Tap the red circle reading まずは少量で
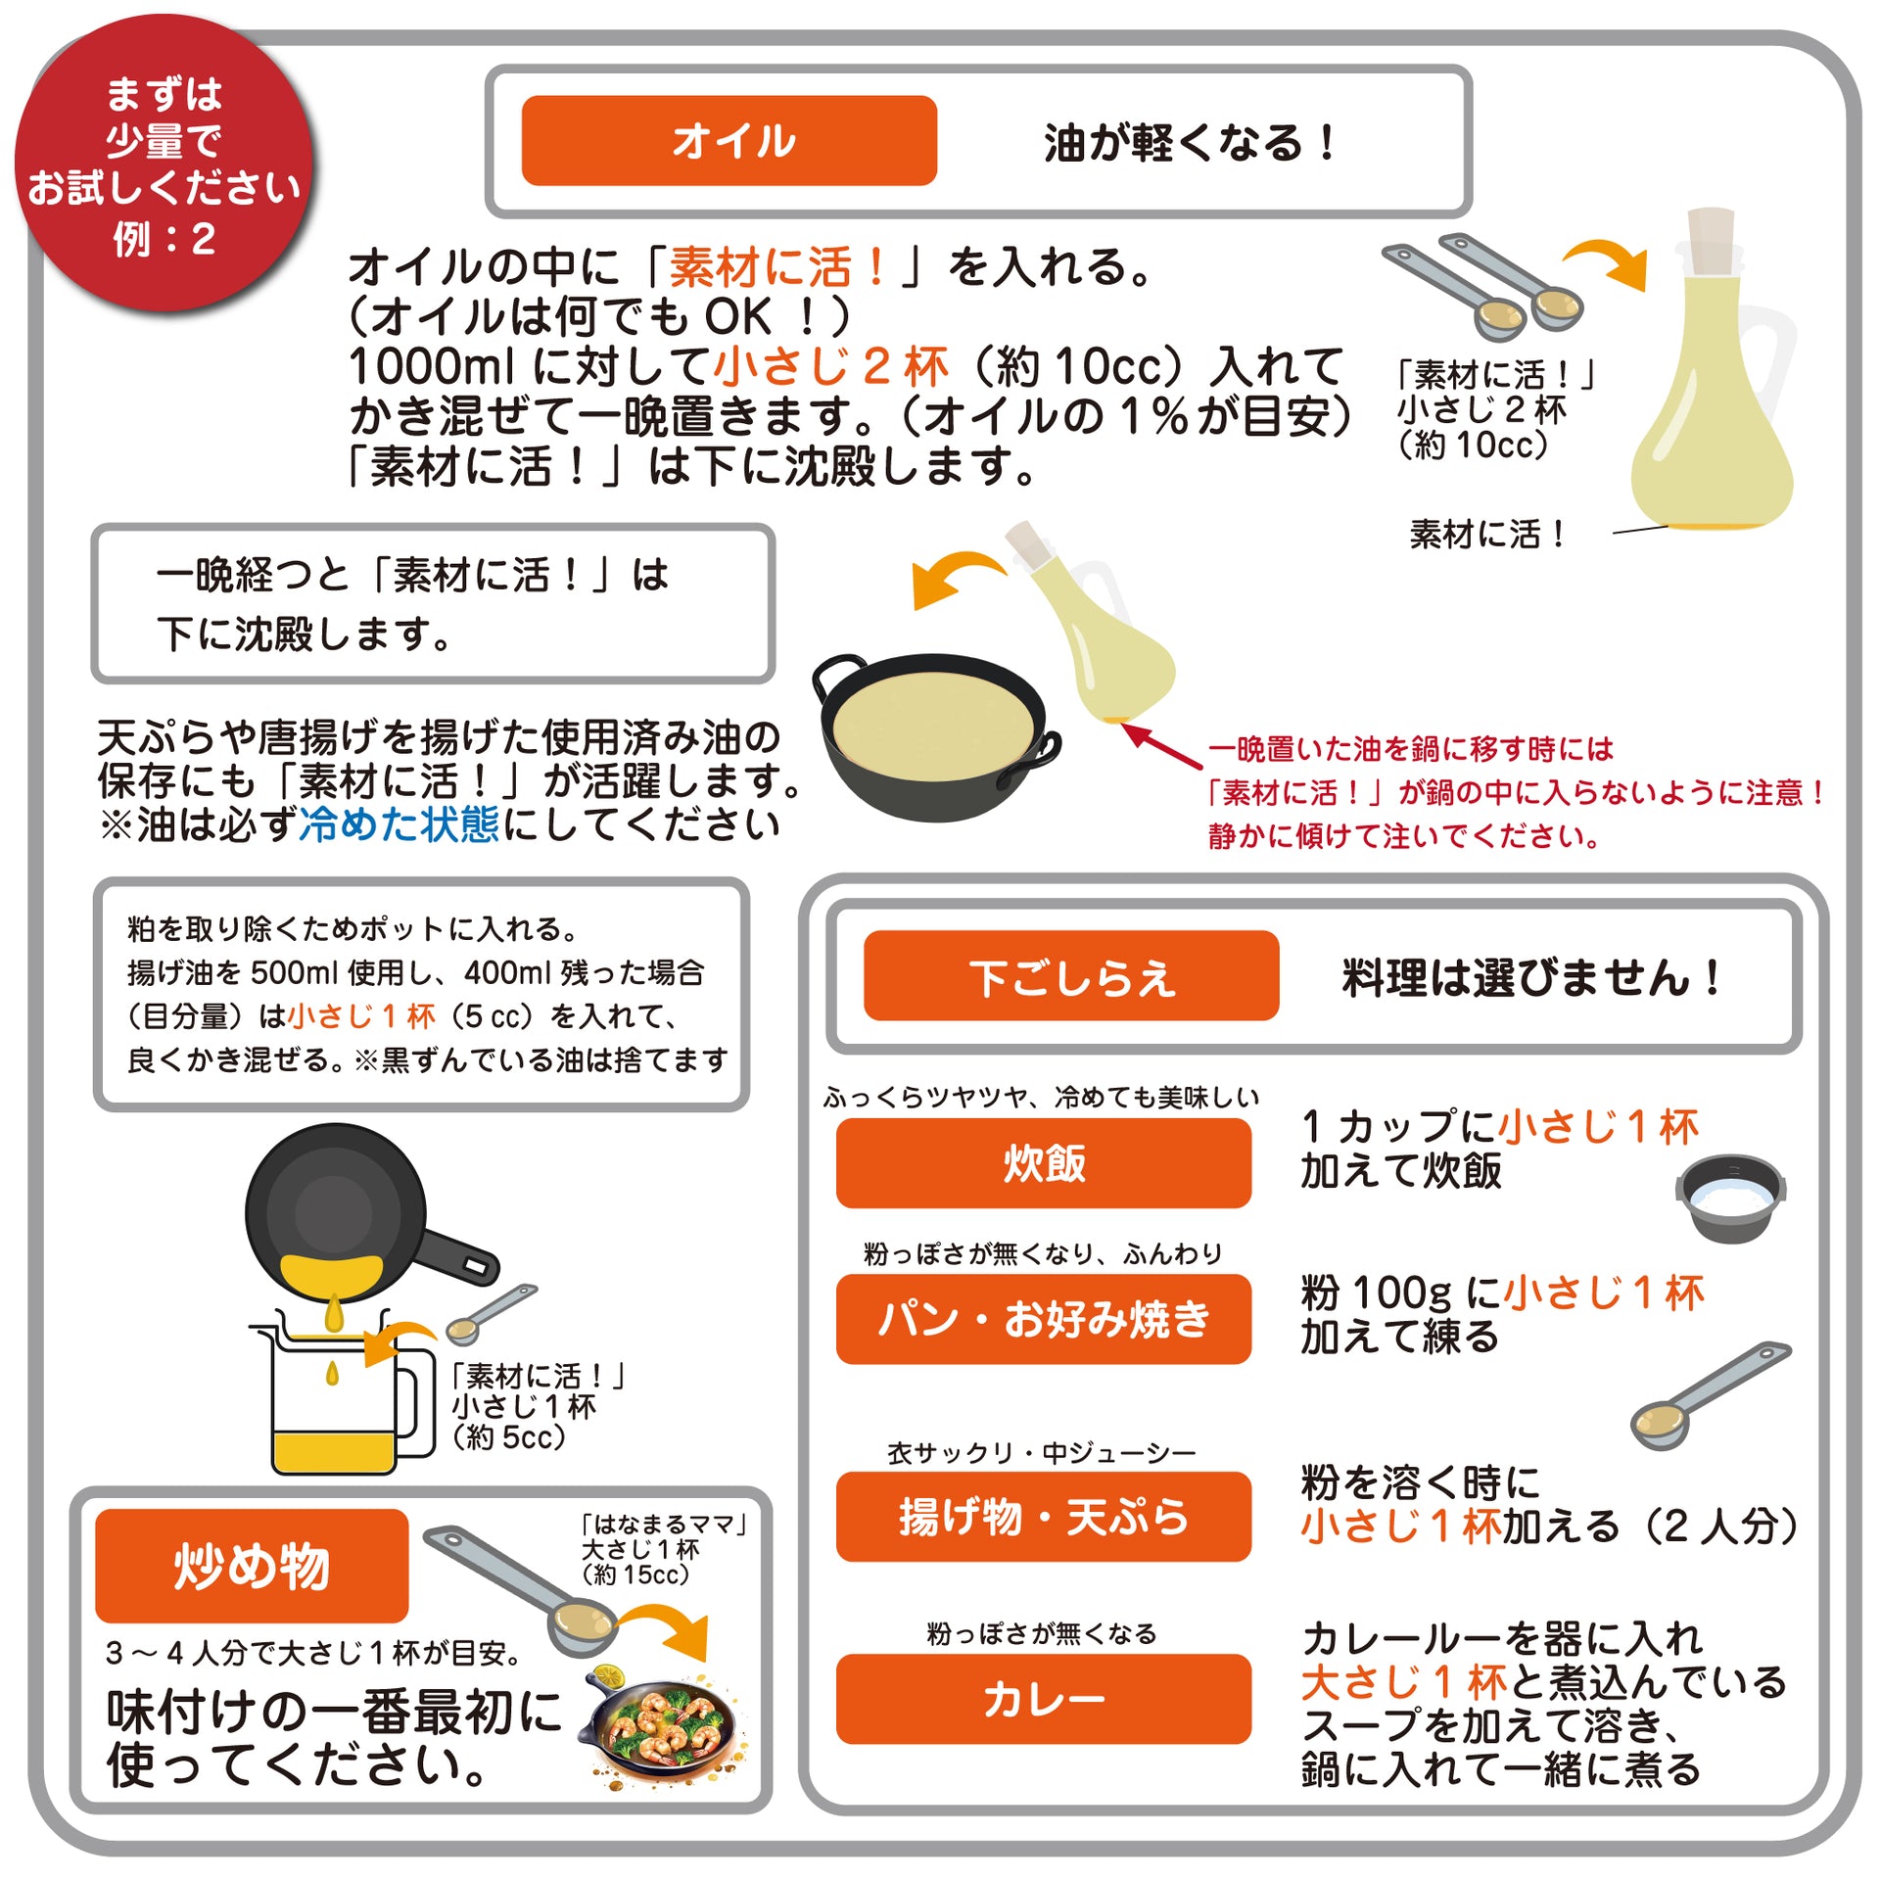[164, 164]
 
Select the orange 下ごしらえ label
[1071, 975]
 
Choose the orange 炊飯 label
[1044, 1162]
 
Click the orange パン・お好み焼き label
[1044, 1318]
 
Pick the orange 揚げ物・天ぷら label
[1044, 1516]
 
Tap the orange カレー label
[1044, 1699]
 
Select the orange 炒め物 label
[252, 1566]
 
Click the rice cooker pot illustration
[1730, 1198]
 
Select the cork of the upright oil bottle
[1711, 240]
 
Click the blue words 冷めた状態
[399, 824]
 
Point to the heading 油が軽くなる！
[1191, 143]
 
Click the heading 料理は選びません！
[1532, 977]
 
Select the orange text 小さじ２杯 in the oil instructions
[831, 367]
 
